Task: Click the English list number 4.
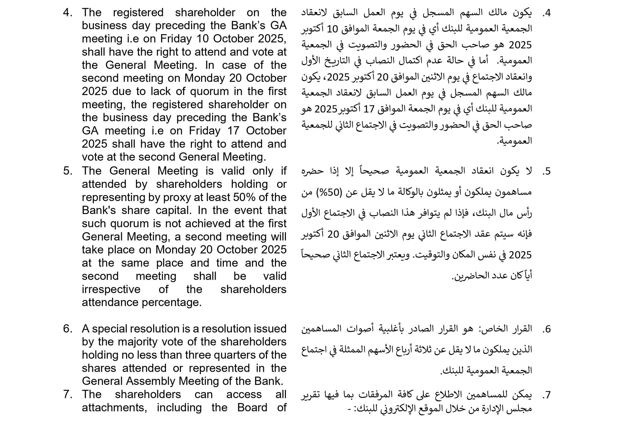pos(68,13)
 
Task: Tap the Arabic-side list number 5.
pos(546,171)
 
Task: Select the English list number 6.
pos(68,329)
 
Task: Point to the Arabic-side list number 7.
pos(546,395)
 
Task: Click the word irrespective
pos(111,289)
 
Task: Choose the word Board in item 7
pos(252,407)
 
